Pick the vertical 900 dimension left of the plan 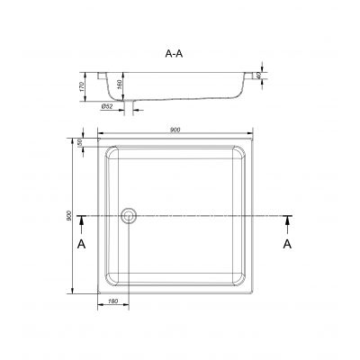(x=71, y=217)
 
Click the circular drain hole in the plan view (x=130, y=216)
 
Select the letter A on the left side (x=81, y=244)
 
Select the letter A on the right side (x=288, y=244)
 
